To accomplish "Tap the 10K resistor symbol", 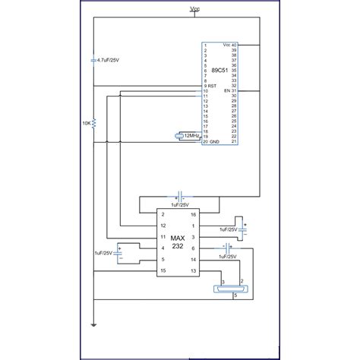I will tap(93, 122).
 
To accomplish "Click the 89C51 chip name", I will tap(225, 71).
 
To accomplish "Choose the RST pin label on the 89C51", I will tap(212, 87).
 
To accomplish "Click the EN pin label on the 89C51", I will tap(226, 91).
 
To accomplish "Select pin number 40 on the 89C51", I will tap(235, 46).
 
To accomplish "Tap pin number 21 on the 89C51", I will tap(235, 142).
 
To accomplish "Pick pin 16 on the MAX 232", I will tap(193, 215).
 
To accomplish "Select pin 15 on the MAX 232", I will tap(163, 270).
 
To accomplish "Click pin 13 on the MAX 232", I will tap(193, 270).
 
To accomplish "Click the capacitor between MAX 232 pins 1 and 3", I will tap(245, 226).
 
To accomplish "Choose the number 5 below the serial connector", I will tap(235, 295).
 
